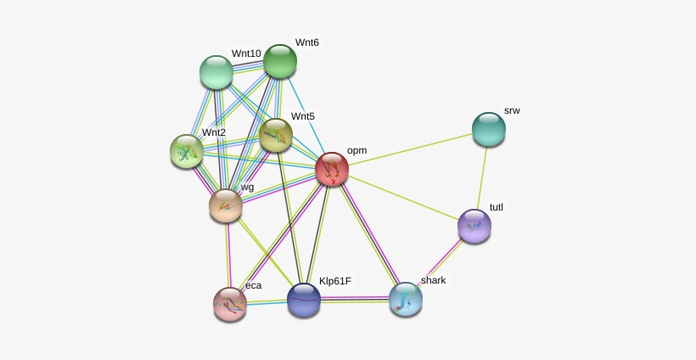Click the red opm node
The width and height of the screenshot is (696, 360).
[x=332, y=169]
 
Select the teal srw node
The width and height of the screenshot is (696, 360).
[x=489, y=129]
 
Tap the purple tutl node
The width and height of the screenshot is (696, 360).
[x=474, y=226]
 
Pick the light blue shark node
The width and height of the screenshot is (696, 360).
[x=405, y=299]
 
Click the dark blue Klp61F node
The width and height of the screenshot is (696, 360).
[x=304, y=301]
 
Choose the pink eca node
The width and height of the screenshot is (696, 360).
[x=230, y=304]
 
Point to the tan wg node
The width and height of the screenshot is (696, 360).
[x=226, y=205]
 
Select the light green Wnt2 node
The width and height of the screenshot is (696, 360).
[x=187, y=151]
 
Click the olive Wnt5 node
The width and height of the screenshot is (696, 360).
[x=276, y=135]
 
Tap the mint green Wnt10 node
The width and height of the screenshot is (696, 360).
[x=216, y=72]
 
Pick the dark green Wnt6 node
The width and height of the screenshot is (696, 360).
[x=279, y=61]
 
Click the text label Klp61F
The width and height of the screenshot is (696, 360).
[x=335, y=281]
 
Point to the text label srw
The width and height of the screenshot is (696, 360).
[x=512, y=110]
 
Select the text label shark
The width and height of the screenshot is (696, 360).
[x=433, y=280]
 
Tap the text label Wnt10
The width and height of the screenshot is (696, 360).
[x=246, y=53]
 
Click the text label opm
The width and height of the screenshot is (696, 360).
[x=356, y=151]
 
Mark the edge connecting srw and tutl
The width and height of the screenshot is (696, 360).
[x=481, y=177]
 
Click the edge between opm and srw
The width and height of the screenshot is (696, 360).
[x=410, y=149]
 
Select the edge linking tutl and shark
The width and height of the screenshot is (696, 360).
[x=440, y=262]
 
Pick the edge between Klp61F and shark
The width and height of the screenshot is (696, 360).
[x=355, y=300]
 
